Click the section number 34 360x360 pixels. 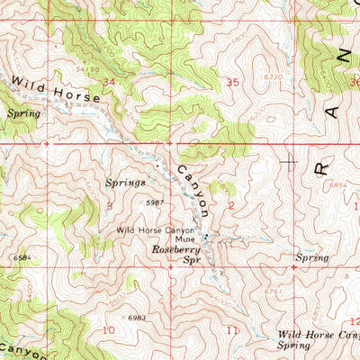click(110, 82)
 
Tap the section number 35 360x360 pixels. click(234, 82)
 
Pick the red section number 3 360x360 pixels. click(110, 206)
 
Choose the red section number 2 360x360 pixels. click(231, 206)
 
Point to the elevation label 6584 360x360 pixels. click(22, 257)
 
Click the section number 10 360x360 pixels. click(108, 329)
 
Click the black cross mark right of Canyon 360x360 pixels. click(289, 162)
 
